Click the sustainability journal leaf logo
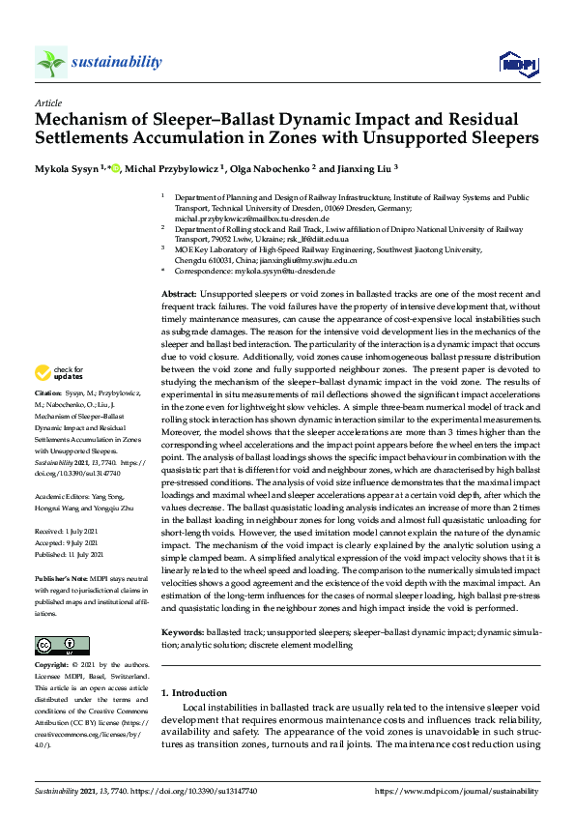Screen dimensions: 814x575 50,62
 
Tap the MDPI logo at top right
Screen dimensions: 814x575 518,64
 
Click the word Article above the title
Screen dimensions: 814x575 47,102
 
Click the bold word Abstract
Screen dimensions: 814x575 178,292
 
